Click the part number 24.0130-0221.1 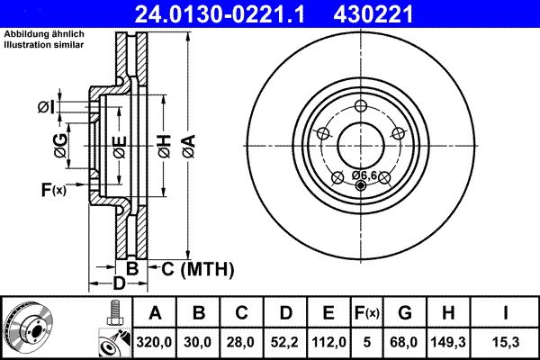click(232, 14)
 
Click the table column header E click(328, 313)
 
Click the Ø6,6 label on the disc click(365, 174)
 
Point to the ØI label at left click(47, 107)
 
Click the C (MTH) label click(197, 268)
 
